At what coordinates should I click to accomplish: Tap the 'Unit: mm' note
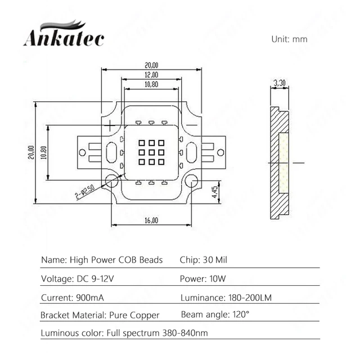[x=289, y=39]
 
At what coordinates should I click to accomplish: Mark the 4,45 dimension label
[x=215, y=192]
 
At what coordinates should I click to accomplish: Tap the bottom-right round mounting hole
[x=190, y=181]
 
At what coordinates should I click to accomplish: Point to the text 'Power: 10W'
[x=203, y=278]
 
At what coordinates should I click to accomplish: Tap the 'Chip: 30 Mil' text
[x=204, y=260]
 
